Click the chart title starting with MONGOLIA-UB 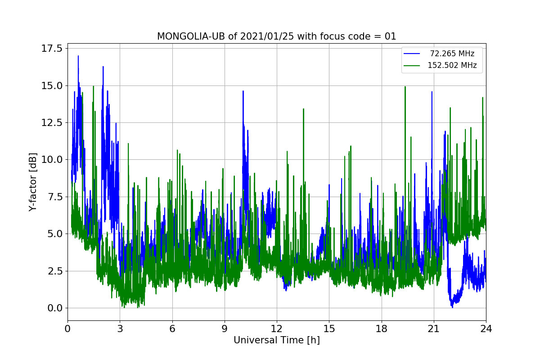pos(276,36)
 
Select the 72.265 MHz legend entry pos(452,54)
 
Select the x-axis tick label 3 pos(120,328)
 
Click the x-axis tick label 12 pos(277,328)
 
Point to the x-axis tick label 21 pos(433,328)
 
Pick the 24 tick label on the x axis pos(486,328)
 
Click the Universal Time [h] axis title pos(276,341)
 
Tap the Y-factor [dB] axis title pos(32,182)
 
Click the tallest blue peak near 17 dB pos(78,56)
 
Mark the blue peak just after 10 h pos(243,91)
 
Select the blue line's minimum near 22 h pos(452,306)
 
